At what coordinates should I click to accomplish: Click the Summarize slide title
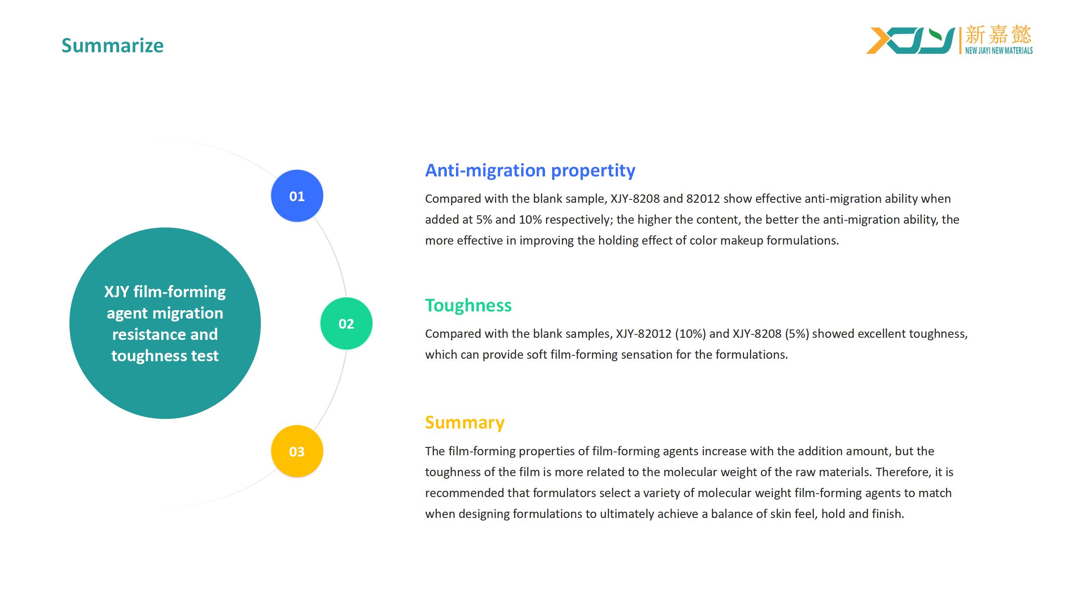[x=112, y=46]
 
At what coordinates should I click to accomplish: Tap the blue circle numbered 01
[x=297, y=196]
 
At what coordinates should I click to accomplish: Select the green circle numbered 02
[x=346, y=324]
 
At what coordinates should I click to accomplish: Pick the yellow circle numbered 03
[x=297, y=451]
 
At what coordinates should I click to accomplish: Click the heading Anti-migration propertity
[x=530, y=171]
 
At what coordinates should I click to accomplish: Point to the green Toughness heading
[x=468, y=306]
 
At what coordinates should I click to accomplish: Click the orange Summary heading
[x=465, y=423]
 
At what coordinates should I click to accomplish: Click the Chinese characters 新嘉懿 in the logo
[x=999, y=34]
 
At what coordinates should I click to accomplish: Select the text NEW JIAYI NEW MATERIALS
[x=999, y=51]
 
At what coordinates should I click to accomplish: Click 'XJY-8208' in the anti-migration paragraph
[x=635, y=199]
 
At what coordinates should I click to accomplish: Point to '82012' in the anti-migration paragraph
[x=703, y=199]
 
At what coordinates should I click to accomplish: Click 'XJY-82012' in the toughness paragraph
[x=644, y=334]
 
